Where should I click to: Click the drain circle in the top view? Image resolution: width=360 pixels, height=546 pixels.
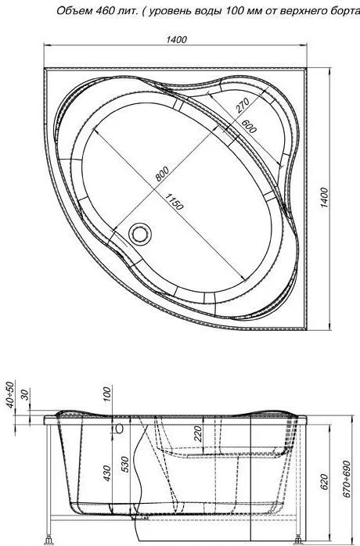(140, 234)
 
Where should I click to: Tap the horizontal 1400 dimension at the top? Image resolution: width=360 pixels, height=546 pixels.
(176, 39)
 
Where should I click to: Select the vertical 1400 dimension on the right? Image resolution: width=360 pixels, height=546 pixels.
(324, 198)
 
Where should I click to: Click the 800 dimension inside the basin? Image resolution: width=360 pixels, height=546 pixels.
(162, 174)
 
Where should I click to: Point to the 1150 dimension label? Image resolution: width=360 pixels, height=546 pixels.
(174, 203)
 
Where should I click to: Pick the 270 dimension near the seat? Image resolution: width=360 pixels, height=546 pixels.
(243, 106)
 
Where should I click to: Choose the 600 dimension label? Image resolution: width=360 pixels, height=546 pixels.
(249, 126)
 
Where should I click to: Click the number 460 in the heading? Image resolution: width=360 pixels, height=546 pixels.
(103, 11)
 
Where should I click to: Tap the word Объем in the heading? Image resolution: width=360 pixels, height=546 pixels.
(74, 11)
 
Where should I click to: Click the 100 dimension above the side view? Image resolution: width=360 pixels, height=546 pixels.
(107, 394)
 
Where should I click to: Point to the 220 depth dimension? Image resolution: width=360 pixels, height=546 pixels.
(198, 434)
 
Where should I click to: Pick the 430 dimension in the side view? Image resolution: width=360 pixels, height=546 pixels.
(107, 474)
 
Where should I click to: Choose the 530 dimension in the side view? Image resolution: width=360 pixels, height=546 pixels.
(125, 464)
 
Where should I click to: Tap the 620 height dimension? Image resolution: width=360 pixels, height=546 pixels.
(324, 482)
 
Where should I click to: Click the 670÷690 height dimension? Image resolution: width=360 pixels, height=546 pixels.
(346, 480)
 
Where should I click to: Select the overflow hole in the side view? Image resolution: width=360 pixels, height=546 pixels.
(120, 429)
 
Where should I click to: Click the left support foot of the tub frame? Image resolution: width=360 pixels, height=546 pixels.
(49, 540)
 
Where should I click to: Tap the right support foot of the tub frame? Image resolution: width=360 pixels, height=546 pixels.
(298, 540)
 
